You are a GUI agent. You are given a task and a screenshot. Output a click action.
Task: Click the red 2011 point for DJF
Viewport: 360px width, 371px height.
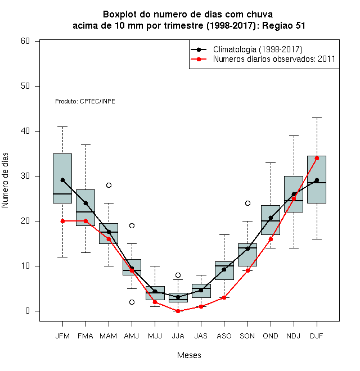(317, 158)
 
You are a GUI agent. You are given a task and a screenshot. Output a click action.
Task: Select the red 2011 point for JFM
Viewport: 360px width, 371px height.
(62, 221)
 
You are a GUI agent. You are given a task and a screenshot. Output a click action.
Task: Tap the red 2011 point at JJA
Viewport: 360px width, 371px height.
(178, 311)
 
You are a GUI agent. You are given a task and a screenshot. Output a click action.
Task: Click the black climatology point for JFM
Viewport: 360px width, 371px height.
(62, 180)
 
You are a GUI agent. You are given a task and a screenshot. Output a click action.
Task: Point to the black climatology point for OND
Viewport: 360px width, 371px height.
(271, 218)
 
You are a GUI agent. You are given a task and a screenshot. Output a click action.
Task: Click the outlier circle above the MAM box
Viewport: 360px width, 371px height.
(109, 185)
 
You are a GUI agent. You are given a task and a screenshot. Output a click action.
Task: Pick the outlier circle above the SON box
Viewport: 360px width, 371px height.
(247, 203)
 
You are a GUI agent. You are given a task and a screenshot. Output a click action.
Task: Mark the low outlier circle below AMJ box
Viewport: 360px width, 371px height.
(132, 302)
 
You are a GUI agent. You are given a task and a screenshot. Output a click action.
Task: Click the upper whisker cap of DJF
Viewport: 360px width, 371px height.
(317, 117)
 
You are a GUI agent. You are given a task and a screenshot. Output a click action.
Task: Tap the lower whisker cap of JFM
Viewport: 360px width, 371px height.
(62, 257)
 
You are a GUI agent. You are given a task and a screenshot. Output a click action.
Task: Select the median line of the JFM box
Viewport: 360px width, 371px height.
(62, 194)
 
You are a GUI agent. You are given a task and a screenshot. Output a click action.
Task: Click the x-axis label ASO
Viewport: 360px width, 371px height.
(224, 336)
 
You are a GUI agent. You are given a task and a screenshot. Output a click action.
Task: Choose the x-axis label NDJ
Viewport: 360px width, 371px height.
(294, 336)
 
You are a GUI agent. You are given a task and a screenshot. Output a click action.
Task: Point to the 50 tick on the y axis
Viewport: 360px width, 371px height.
(37, 86)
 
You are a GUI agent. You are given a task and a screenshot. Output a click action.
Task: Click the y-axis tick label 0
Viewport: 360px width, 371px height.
(28, 311)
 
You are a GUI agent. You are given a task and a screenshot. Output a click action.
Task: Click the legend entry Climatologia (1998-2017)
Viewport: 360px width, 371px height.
(258, 49)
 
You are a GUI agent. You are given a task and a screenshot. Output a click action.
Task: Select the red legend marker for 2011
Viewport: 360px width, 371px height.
(199, 59)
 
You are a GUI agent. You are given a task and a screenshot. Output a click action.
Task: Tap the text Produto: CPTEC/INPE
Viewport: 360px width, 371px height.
(85, 101)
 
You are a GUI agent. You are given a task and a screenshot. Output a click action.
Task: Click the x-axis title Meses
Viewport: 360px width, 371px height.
(189, 355)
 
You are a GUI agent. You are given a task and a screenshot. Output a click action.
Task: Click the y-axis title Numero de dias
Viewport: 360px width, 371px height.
(5, 180)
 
